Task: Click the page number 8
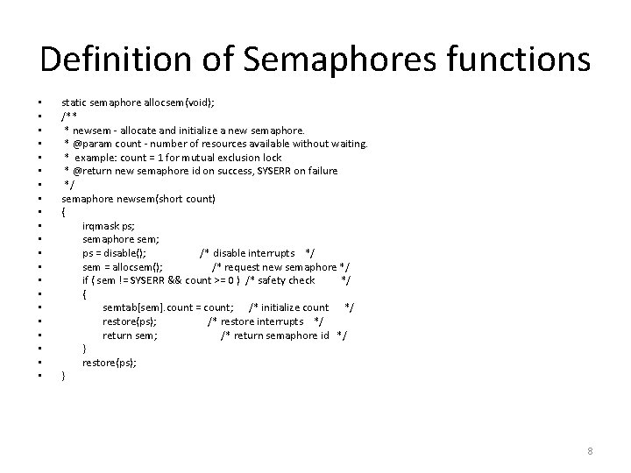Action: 590,451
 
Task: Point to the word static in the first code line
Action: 74,102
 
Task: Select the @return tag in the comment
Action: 93,171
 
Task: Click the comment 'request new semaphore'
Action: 280,266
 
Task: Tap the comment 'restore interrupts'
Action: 266,321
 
